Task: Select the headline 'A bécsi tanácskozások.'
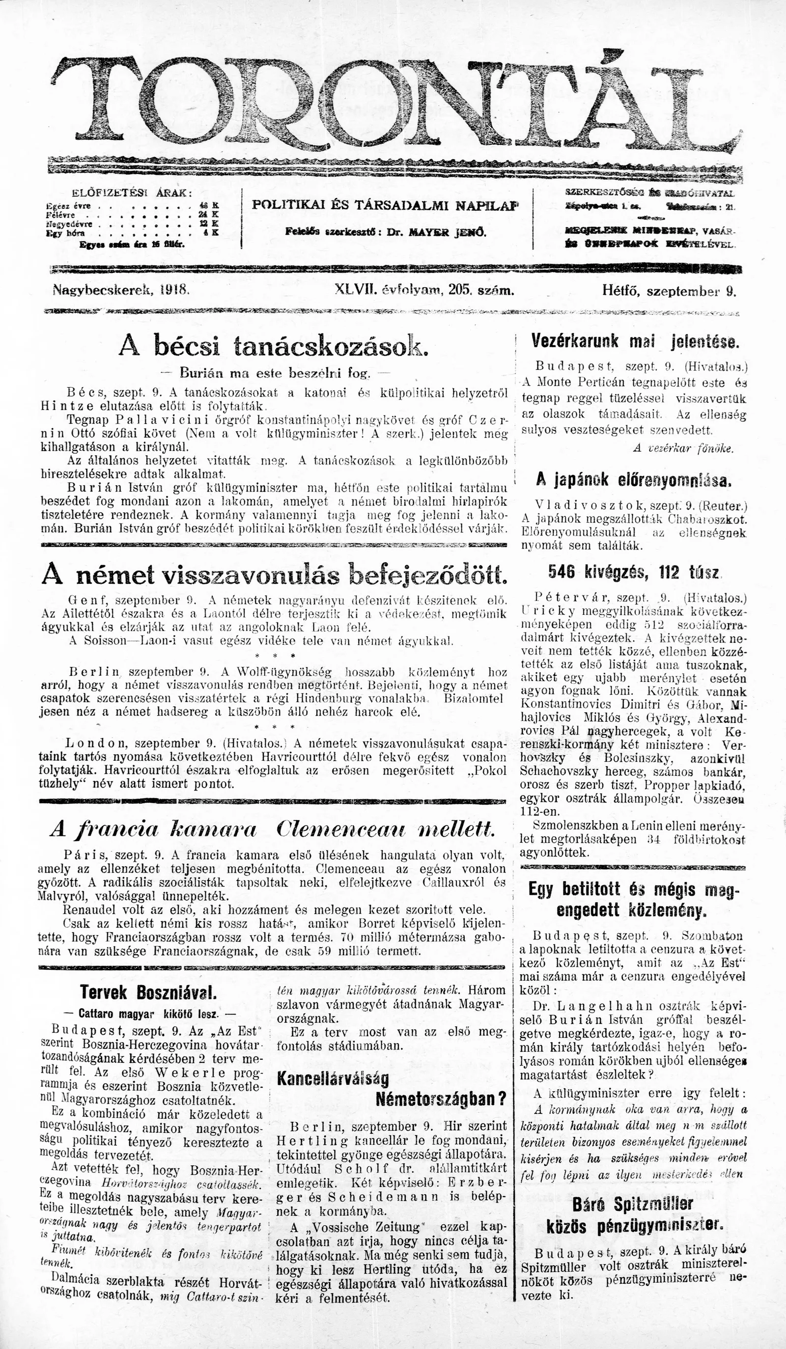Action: coord(273,347)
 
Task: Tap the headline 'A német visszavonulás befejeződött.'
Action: coord(273,575)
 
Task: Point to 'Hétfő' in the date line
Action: coord(621,291)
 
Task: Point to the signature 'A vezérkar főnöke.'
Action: coord(683,448)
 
